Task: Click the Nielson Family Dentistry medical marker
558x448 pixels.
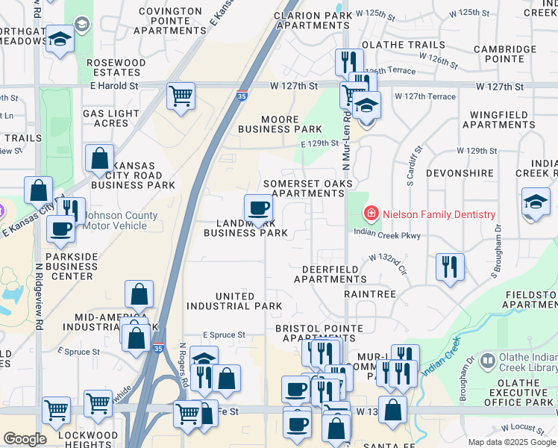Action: (370, 215)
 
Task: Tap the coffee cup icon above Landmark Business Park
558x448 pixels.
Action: (258, 208)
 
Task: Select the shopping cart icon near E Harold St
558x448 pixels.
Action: (181, 96)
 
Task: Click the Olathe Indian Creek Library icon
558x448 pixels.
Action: (487, 361)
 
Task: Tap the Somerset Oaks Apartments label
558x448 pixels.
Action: (307, 188)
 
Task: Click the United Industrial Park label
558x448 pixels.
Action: (234, 301)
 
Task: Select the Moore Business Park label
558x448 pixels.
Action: (280, 124)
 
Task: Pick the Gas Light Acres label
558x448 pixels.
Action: (110, 118)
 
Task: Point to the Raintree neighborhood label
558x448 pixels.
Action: (370, 294)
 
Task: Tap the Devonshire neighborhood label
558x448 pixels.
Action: (460, 173)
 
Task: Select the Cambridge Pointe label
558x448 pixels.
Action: (504, 54)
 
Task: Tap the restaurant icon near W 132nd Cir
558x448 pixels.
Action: (449, 267)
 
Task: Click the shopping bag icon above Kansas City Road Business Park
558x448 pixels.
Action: (99, 158)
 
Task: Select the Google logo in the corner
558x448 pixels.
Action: (25, 439)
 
